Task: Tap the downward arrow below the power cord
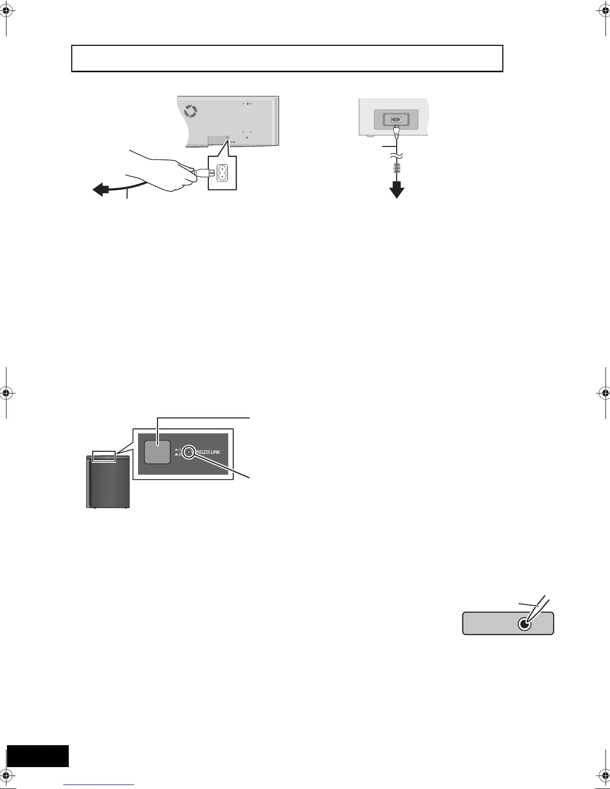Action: [397, 190]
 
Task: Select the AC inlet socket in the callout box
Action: [223, 173]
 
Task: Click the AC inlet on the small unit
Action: [396, 120]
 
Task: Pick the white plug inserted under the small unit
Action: [396, 132]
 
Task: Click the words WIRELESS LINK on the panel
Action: [208, 452]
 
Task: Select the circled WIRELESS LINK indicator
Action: [188, 452]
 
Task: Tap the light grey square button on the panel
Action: [157, 452]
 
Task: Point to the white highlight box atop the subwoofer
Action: [104, 456]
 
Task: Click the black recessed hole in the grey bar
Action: [524, 624]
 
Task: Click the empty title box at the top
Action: [287, 58]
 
